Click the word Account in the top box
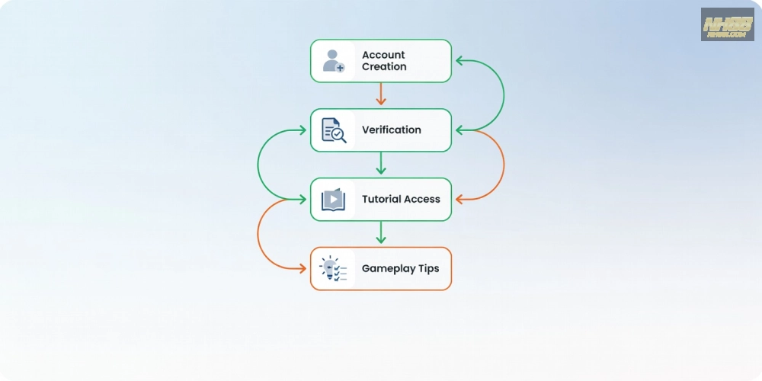click(383, 55)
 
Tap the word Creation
click(384, 67)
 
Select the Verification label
click(391, 130)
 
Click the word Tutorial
click(380, 200)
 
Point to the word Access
click(422, 200)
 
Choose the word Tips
click(427, 269)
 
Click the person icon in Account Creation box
click(331, 60)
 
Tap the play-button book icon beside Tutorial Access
click(333, 200)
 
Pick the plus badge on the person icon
click(340, 68)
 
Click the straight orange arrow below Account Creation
click(381, 94)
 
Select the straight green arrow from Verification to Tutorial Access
click(381, 164)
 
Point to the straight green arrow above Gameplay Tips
click(381, 233)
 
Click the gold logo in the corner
click(727, 24)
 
